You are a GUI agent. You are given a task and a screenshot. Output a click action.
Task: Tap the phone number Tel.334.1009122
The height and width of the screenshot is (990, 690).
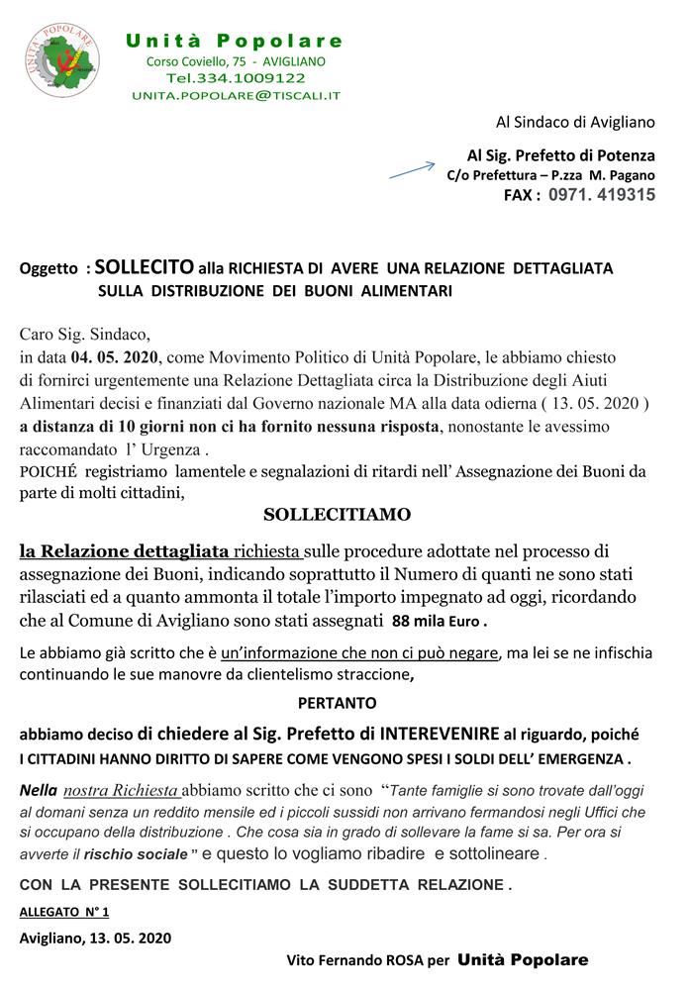[236, 77]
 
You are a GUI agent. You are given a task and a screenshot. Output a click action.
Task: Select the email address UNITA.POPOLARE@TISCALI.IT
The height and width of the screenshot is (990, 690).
[236, 95]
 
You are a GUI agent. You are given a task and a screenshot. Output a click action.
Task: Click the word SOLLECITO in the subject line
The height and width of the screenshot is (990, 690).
[145, 267]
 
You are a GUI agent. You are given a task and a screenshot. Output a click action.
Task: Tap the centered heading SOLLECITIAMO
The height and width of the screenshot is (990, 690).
[337, 515]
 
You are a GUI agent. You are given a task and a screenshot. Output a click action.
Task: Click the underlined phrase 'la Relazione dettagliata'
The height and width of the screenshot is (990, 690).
[125, 551]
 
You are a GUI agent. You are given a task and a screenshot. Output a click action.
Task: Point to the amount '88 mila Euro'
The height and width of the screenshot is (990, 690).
[440, 622]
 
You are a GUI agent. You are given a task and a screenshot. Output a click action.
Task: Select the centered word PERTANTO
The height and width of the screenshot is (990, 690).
[337, 704]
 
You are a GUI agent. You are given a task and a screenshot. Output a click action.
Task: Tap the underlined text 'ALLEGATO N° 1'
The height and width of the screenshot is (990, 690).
[64, 910]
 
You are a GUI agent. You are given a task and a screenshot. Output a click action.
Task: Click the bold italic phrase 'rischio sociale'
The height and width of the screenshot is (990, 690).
[148, 853]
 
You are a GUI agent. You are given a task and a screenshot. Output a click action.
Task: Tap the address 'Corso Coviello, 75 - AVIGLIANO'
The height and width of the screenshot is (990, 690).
[236, 61]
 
